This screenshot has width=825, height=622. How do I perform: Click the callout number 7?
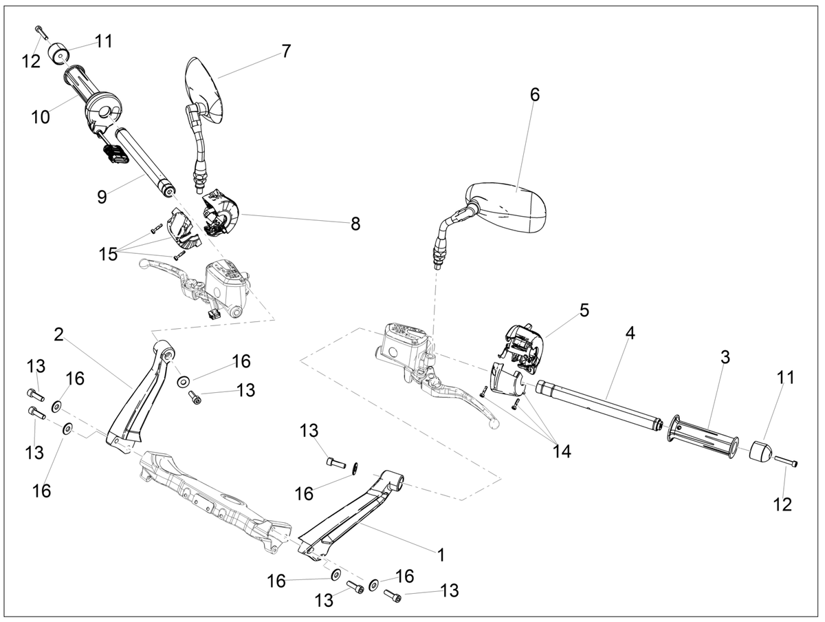pos(287,52)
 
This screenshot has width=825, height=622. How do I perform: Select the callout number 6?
pos(534,95)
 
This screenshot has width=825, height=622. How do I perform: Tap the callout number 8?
pos(355,224)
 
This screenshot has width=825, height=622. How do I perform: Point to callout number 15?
pos(108,254)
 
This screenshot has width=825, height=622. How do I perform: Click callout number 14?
pos(562,451)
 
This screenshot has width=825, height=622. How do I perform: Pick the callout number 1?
pos(441,555)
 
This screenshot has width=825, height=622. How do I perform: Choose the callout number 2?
pos(58,334)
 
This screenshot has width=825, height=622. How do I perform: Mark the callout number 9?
pos(102,197)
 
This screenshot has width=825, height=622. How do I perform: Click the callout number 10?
pos(41,118)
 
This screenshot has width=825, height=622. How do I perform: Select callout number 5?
pos(584,310)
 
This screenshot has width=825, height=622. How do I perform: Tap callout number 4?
pos(630,333)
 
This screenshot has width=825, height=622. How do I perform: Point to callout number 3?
pos(725,357)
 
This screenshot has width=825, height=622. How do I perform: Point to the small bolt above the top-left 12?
pos(41,32)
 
